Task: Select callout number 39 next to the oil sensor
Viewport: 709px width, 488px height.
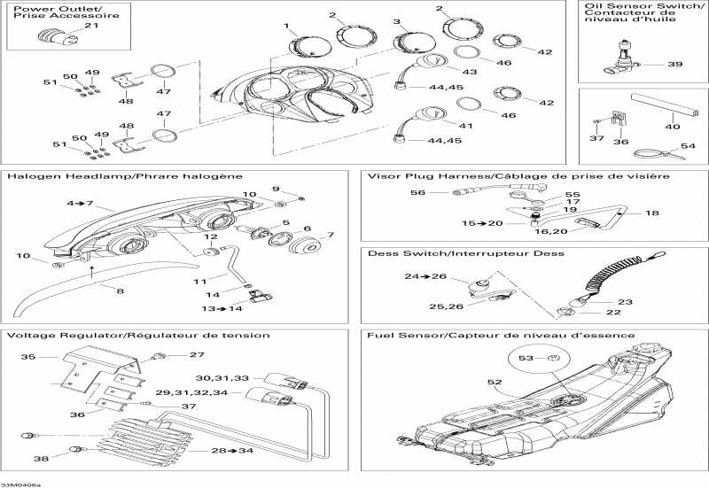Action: pos(675,64)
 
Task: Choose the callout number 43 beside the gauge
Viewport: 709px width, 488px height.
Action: pos(470,71)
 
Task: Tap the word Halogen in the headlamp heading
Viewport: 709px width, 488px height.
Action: pos(30,176)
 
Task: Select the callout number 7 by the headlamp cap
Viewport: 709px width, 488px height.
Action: pos(330,235)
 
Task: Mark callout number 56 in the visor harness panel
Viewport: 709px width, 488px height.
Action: pos(417,192)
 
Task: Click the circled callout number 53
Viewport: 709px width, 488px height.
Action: pos(526,358)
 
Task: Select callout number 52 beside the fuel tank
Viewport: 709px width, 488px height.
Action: pos(495,383)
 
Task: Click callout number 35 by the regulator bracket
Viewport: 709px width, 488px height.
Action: pos(27,357)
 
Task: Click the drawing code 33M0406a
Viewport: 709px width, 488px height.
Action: pos(20,484)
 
